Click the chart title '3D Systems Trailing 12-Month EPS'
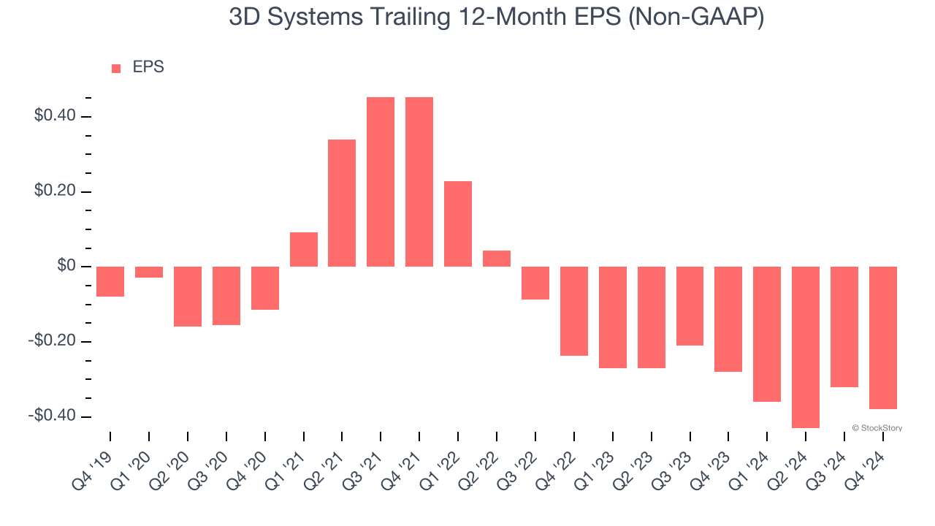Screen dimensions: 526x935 click(497, 17)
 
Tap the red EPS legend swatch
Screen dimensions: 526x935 click(116, 69)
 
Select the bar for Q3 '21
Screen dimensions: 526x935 click(381, 182)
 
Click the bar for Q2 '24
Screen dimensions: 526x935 click(806, 347)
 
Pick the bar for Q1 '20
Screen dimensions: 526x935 click(149, 272)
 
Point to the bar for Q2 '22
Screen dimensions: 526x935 click(497, 259)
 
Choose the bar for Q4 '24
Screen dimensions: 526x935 click(883, 338)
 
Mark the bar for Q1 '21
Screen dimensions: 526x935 click(304, 249)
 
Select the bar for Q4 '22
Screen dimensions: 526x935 click(574, 311)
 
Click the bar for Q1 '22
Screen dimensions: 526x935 click(458, 224)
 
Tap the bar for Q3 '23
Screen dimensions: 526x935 click(690, 306)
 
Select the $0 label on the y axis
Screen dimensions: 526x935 click(66, 266)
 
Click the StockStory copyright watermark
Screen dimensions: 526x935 click(877, 428)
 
